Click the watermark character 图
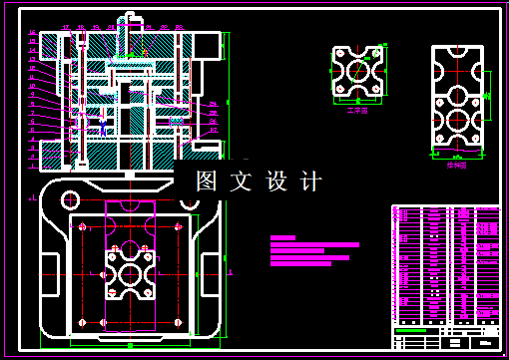click(x=207, y=181)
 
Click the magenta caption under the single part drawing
click(x=357, y=111)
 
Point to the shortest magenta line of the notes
click(x=283, y=237)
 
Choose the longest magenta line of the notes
click(x=314, y=244)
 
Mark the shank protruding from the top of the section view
click(x=128, y=23)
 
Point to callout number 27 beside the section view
click(x=213, y=130)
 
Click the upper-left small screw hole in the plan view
click(x=80, y=225)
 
